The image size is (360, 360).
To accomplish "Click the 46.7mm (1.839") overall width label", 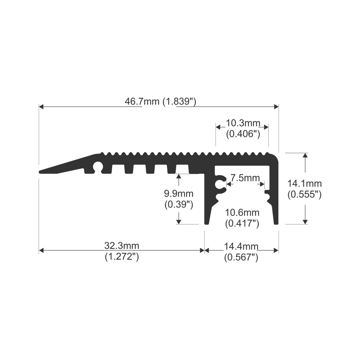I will tap(160, 102).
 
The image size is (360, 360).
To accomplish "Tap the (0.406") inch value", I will tap(243, 134).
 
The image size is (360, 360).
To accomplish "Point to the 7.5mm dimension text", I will tap(245, 178).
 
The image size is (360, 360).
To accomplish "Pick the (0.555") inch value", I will tap(304, 195).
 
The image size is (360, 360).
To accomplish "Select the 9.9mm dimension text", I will tap(179, 194).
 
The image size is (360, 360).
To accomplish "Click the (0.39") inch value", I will tap(179, 205).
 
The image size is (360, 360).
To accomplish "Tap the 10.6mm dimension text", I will tap(242, 213).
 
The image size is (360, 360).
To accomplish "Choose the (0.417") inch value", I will tap(242, 223).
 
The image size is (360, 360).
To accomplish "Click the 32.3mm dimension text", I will tap(122, 246).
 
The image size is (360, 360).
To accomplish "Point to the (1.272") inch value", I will tap(122, 257).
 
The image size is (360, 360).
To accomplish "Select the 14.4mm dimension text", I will tap(241, 246).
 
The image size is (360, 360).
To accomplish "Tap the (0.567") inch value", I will tap(241, 257).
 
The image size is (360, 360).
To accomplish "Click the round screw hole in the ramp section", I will tap(97, 166).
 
